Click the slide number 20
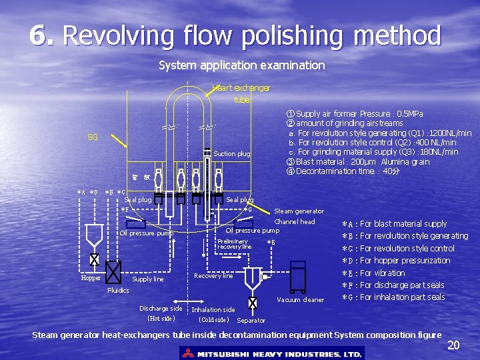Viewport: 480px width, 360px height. click(453, 345)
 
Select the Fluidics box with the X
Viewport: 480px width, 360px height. click(113, 272)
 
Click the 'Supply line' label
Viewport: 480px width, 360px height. click(147, 279)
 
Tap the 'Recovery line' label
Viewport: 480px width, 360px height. click(213, 275)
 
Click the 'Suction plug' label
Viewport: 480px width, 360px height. click(232, 154)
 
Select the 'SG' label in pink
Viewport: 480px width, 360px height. click(93, 137)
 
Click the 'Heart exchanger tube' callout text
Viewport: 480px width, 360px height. click(241, 93)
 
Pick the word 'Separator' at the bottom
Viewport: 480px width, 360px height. click(251, 321)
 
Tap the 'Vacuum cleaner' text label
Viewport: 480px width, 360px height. click(301, 299)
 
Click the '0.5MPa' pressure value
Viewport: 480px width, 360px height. click(405, 114)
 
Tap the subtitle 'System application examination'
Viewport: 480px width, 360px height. click(241, 65)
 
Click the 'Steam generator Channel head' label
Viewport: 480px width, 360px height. click(298, 216)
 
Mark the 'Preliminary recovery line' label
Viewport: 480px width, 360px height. click(233, 244)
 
